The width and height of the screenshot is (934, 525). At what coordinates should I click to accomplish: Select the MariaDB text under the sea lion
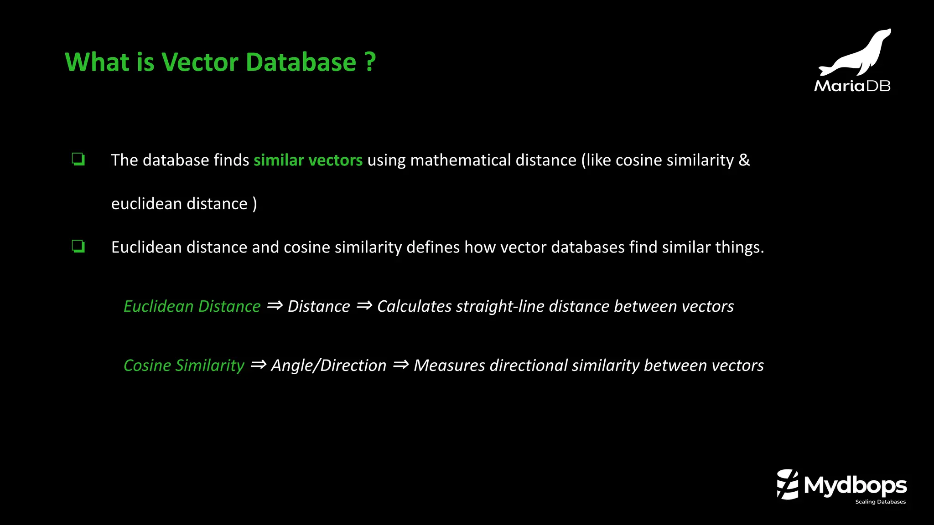click(852, 86)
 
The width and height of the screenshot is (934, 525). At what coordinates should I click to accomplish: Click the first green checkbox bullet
click(78, 160)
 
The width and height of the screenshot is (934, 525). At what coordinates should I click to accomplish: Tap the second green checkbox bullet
click(78, 247)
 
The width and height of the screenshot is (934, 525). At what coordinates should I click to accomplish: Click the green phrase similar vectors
click(308, 160)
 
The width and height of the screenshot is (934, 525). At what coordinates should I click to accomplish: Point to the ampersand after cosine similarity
click(744, 160)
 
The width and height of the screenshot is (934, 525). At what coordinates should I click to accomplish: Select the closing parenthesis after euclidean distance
click(254, 204)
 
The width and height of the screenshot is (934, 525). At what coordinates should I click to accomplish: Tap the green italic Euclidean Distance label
click(192, 306)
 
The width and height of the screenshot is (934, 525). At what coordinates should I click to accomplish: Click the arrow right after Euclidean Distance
click(275, 305)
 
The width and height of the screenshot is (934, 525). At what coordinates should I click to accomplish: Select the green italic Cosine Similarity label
click(184, 365)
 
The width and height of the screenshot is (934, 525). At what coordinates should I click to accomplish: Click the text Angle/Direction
click(328, 365)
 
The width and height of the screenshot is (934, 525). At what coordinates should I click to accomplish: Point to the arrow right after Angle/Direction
click(400, 365)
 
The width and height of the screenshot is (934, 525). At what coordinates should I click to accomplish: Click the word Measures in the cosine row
click(449, 365)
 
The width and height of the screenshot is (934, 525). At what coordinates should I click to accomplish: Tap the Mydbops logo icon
click(788, 484)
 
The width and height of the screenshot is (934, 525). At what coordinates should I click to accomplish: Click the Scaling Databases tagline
click(880, 502)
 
